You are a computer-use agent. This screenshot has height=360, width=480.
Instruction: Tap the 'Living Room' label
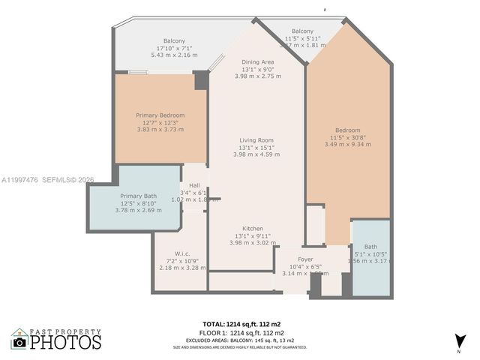[x=256, y=139]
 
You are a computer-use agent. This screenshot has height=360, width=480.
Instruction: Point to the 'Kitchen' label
[x=252, y=228]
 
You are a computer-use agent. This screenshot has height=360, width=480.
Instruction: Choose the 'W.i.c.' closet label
[x=182, y=253]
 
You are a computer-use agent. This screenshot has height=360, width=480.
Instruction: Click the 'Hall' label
[x=194, y=185]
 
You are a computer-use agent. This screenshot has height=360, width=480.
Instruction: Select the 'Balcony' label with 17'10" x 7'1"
[x=174, y=40]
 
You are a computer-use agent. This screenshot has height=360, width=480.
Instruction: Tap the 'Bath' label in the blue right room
[x=370, y=247]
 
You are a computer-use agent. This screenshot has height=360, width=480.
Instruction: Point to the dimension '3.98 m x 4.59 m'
[x=256, y=154]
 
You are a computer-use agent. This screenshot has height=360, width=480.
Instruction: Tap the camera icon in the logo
[x=19, y=342]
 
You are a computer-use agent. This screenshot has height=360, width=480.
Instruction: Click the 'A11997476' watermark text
[x=22, y=180]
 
